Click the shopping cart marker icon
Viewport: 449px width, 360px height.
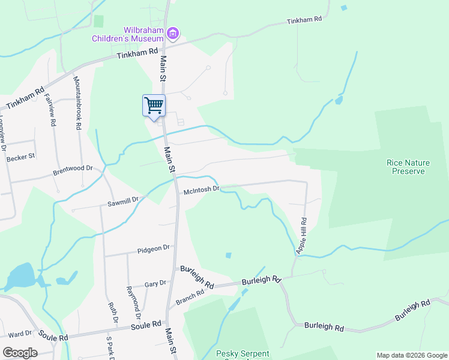154,106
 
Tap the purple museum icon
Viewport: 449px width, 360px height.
173,34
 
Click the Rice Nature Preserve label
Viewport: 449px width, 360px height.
406,166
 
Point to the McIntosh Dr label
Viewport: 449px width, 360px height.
200,191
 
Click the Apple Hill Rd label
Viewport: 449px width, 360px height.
303,235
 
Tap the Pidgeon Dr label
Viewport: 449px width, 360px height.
154,248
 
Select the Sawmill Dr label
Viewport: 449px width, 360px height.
123,202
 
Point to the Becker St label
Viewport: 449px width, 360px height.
21,157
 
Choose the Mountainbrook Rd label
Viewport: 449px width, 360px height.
77,103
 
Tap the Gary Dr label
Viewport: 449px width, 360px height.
155,284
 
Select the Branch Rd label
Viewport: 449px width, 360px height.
190,298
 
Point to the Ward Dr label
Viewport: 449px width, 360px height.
20,334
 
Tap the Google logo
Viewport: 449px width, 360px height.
20,352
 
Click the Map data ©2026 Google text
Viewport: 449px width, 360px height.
412,355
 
